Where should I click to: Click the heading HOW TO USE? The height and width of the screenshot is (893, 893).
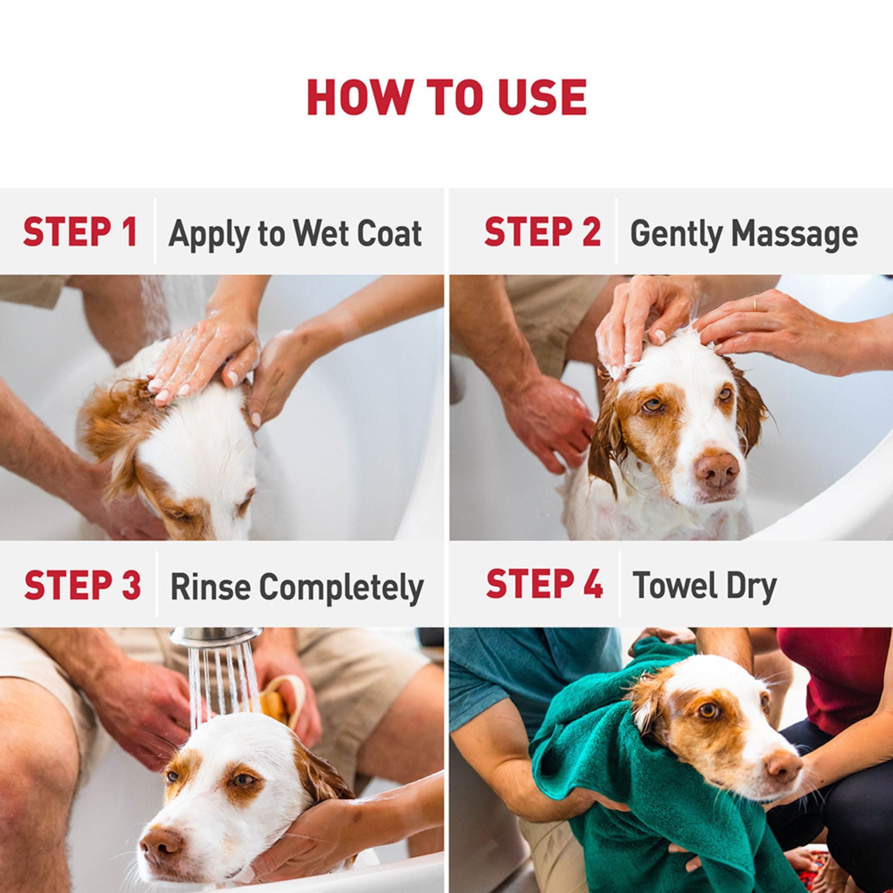446,98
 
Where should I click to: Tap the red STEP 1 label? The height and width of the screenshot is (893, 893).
80,232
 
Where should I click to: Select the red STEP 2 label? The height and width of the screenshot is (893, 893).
542,232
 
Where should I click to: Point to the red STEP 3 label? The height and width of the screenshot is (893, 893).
82,585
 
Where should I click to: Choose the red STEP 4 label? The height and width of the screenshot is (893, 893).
544,584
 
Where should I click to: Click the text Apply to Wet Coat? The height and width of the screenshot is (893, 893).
295,234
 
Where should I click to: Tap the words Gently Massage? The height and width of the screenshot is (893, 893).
744,234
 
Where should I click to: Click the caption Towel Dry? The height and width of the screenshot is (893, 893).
705,585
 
